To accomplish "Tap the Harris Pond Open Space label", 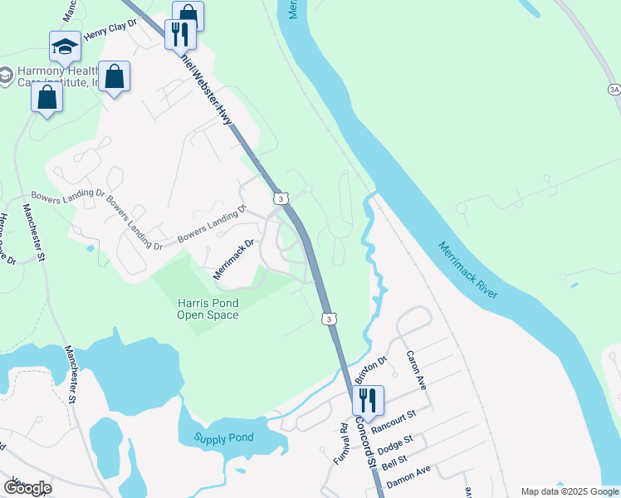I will [x=208, y=309].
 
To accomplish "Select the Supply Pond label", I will [x=223, y=437].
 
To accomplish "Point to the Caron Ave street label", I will [x=416, y=371].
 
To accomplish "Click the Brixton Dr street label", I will [x=371, y=371].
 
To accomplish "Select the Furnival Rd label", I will [x=342, y=442].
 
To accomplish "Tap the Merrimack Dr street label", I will [x=232, y=258].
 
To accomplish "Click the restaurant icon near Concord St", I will [x=366, y=400].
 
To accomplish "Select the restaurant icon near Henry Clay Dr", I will [x=178, y=34].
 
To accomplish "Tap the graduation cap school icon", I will [x=64, y=47].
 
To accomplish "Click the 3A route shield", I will [x=614, y=89].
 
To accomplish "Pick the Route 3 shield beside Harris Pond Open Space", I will [x=330, y=319].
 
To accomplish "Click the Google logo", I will [x=27, y=487].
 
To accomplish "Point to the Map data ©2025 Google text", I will [x=569, y=491].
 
